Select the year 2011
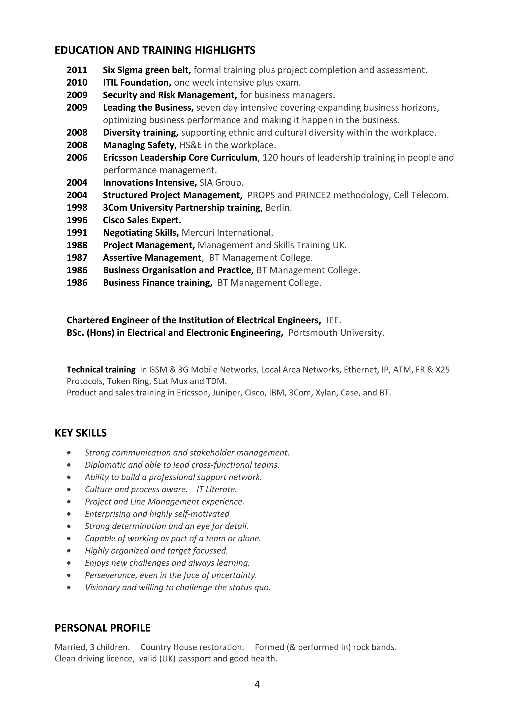77,70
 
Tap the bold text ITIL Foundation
137,82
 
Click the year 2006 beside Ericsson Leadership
77,158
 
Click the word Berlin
278,208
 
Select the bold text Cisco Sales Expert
142,220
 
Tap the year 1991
77,233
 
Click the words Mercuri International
227,233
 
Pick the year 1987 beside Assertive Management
77,258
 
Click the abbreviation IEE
333,320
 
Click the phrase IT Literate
217,490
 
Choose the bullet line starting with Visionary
177,588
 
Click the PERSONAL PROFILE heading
102,628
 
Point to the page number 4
257,685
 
